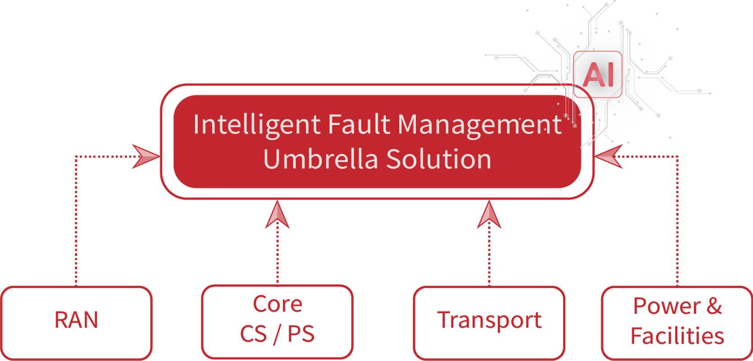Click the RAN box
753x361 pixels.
(76, 321)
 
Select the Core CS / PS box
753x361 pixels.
(277, 321)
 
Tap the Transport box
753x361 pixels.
(489, 321)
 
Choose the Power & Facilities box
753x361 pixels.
(677, 321)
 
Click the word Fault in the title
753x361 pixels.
(359, 125)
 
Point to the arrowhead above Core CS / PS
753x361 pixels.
(277, 215)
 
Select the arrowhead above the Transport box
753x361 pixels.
(489, 215)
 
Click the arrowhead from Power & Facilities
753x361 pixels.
(609, 156)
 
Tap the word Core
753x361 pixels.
(277, 304)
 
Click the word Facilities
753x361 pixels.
(677, 336)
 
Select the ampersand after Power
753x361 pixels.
(714, 306)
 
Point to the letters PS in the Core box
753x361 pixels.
(301, 334)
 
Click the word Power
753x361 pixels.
(666, 306)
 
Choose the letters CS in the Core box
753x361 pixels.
(253, 334)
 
